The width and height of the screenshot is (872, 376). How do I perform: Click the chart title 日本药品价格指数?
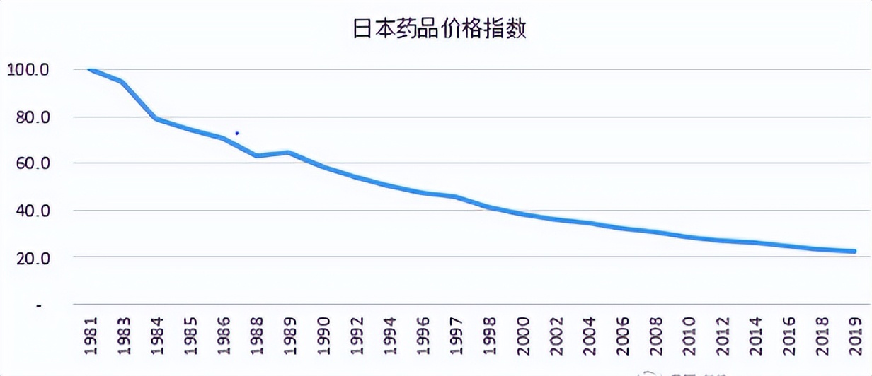[x=440, y=30]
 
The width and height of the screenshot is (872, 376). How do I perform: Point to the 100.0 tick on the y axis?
[x=28, y=70]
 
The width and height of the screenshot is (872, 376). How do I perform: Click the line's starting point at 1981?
[x=90, y=69]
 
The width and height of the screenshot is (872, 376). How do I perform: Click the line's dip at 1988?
[x=257, y=155]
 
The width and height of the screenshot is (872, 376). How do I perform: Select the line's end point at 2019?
[x=854, y=252]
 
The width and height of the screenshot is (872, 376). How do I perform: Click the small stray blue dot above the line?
[x=237, y=133]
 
